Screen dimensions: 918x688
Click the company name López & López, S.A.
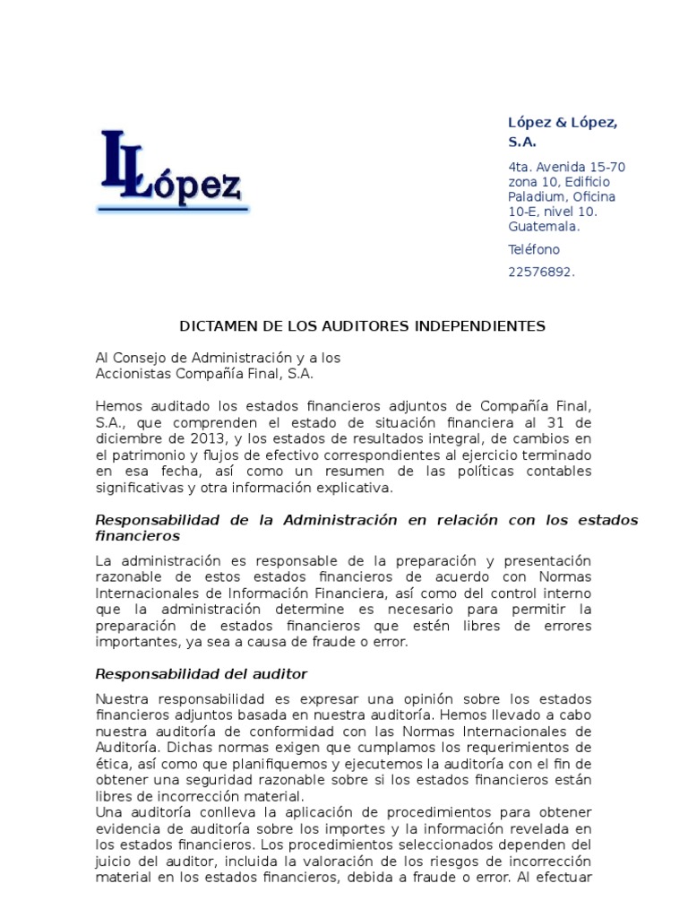563,132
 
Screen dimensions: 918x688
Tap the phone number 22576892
541,273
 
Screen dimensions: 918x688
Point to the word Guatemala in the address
543,226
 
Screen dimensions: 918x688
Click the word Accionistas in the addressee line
131,373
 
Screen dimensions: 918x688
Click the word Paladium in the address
536,196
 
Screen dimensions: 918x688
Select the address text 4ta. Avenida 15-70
566,167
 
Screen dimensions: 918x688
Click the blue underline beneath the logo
173,210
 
